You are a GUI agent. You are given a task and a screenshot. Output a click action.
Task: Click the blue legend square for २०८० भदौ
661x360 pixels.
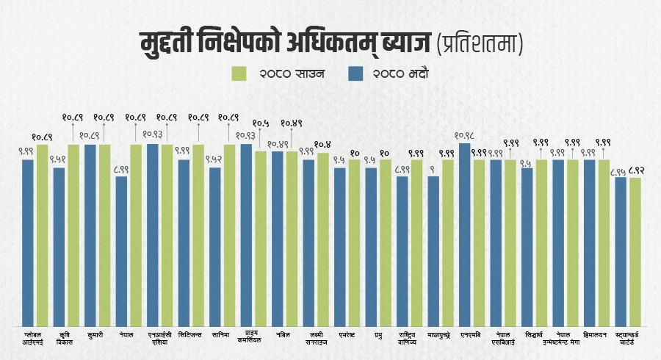click(x=355, y=73)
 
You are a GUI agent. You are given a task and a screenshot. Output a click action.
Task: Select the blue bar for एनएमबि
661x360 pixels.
click(x=465, y=234)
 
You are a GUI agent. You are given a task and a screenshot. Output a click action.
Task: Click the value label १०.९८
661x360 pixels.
click(x=466, y=135)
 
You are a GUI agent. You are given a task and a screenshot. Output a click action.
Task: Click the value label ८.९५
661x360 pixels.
click(x=620, y=170)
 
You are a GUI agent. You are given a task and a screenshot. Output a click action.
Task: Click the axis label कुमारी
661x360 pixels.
click(x=94, y=335)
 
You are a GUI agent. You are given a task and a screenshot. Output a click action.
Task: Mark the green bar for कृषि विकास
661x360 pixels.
click(x=73, y=234)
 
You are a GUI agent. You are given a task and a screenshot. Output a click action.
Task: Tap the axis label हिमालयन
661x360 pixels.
click(x=596, y=335)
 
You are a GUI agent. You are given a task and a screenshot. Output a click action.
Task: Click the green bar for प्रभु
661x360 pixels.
click(x=386, y=242)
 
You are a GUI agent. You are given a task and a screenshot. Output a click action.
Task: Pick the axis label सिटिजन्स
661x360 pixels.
click(x=189, y=335)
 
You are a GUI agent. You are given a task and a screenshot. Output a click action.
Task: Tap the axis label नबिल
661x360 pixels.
click(x=284, y=335)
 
